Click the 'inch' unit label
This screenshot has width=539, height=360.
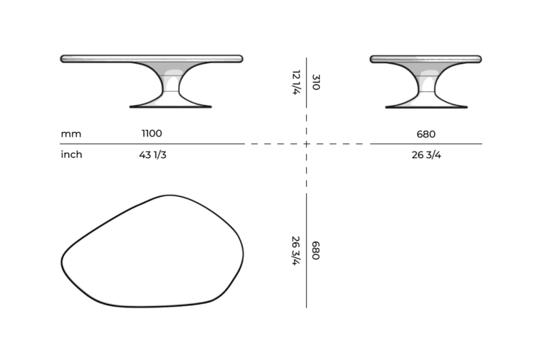(71, 154)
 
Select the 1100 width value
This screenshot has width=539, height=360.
(152, 134)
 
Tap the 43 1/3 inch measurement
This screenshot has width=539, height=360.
(152, 154)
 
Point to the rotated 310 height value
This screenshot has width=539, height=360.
(315, 82)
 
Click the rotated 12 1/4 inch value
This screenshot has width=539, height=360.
(295, 82)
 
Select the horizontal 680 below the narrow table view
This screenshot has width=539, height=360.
(425, 134)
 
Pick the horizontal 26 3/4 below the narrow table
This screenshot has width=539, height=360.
(425, 154)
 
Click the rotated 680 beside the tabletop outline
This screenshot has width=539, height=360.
(315, 251)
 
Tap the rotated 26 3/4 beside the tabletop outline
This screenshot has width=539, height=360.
(295, 251)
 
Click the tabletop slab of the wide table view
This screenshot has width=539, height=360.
(152, 58)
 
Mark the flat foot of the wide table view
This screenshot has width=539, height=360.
(170, 106)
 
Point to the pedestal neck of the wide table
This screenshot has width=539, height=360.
(170, 90)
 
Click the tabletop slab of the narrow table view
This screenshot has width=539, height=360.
(425, 58)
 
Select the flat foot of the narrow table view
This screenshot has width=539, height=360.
(425, 106)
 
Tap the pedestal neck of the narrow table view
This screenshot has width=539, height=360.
(425, 90)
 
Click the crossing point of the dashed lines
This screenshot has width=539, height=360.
(307, 144)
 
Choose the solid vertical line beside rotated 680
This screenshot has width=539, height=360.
(307, 251)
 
